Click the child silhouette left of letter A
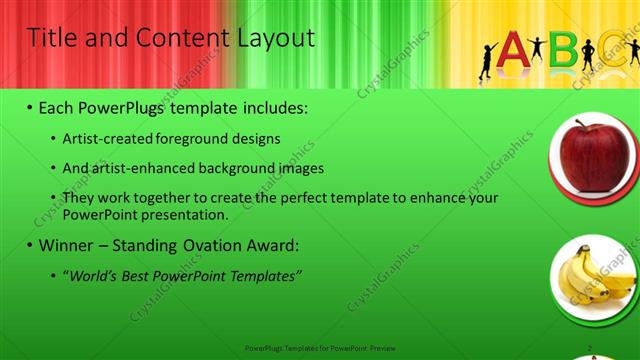pos(486,60)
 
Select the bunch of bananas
pos(592,277)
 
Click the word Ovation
pos(210,245)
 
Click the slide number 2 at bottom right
pos(591,347)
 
